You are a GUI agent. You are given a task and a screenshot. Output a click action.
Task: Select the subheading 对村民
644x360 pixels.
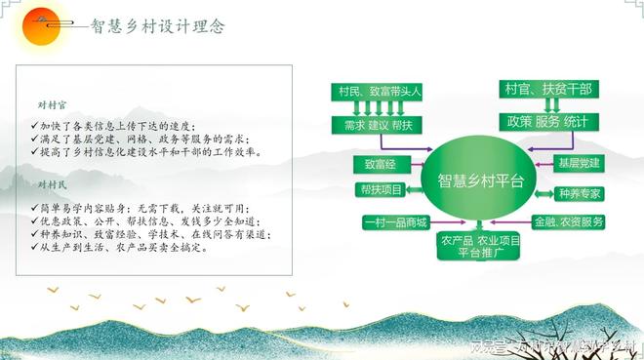pos(49,183)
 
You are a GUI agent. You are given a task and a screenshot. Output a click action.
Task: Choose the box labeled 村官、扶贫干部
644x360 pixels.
pos(547,90)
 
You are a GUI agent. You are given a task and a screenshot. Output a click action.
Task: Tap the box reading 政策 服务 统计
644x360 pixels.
pos(547,122)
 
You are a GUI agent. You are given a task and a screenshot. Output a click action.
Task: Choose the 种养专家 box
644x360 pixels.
pos(579,193)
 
